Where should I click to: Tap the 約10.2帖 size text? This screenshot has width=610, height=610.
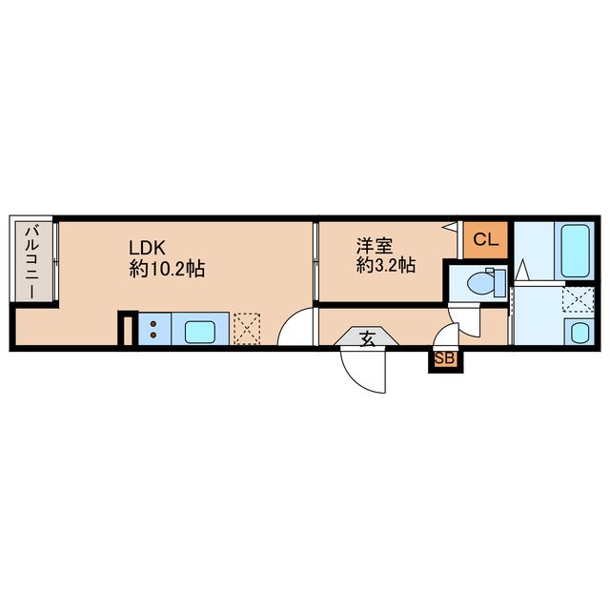(168, 269)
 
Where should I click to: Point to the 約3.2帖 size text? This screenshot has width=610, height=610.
(385, 266)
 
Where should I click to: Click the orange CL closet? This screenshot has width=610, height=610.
(485, 240)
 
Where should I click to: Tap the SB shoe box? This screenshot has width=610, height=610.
(444, 359)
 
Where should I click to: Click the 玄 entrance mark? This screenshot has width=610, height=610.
(367, 336)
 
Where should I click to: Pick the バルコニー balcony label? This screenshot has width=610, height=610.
(32, 261)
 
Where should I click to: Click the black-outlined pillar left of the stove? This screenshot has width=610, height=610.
(125, 330)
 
